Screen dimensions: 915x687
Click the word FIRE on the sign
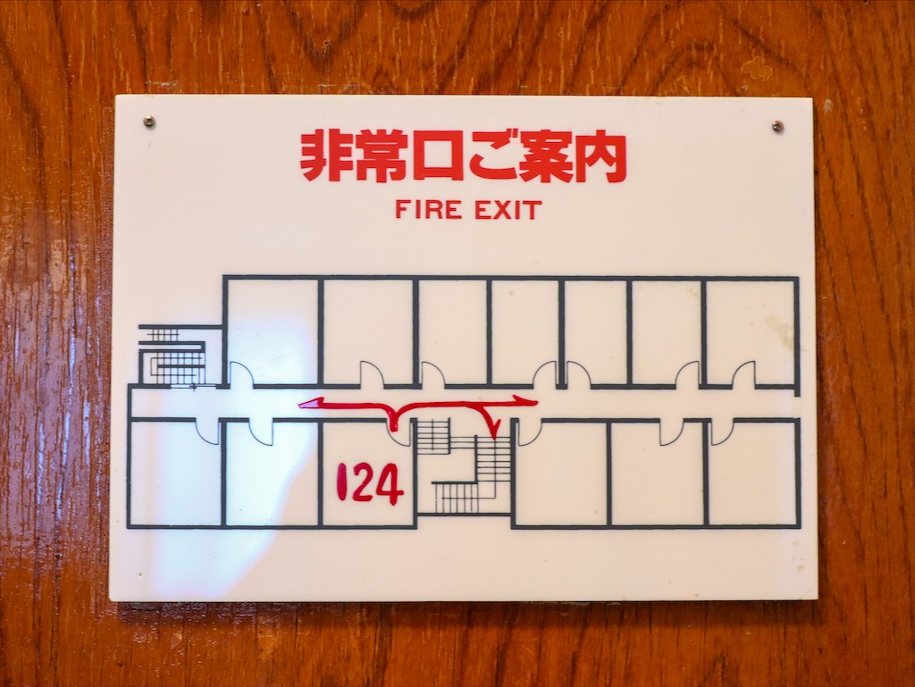point(428,209)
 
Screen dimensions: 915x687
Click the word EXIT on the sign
point(507,210)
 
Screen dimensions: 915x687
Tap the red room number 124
point(369,482)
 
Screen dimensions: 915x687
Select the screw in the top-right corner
point(776,125)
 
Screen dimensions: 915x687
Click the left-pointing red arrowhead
point(309,403)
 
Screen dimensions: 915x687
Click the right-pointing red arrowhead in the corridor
point(526,400)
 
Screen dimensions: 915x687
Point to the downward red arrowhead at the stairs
point(493,430)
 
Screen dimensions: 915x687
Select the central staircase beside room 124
point(464,465)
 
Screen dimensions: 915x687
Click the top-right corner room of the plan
point(751,331)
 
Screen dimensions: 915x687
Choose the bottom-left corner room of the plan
point(175,472)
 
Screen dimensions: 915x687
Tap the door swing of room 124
point(401,432)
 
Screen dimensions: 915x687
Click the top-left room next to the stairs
point(273,331)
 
